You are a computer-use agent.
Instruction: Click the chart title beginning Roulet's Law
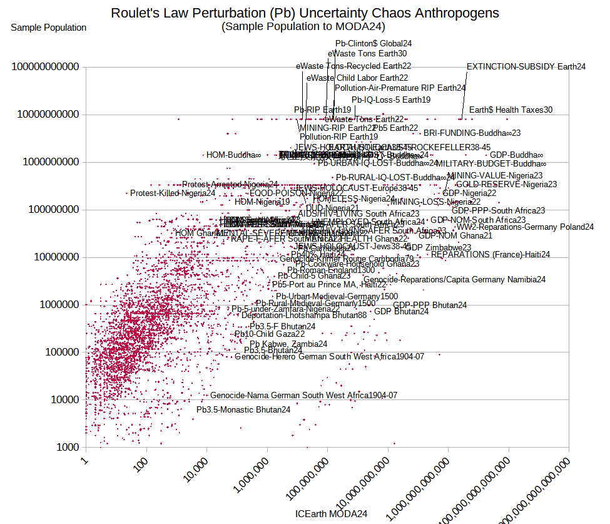(x=305, y=13)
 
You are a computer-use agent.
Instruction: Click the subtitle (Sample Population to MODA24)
(x=303, y=26)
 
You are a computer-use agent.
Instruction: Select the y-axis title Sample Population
(x=49, y=28)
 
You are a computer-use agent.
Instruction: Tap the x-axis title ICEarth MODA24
(x=331, y=514)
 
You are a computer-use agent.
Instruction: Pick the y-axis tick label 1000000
(x=60, y=305)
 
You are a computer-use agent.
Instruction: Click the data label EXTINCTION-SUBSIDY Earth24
(x=526, y=66)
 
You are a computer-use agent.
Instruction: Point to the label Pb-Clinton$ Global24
(x=374, y=44)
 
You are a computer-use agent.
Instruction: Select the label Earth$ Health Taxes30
(x=511, y=110)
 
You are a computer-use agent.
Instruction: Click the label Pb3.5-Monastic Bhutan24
(x=243, y=410)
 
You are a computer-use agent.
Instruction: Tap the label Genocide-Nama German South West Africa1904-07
(x=303, y=396)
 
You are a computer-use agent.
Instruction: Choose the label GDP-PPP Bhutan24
(x=430, y=306)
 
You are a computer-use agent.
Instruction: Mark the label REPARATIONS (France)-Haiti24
(x=491, y=255)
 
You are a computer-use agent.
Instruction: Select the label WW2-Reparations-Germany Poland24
(x=525, y=227)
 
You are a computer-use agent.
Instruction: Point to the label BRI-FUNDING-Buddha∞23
(x=472, y=133)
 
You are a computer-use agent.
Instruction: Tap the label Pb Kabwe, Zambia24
(x=288, y=344)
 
